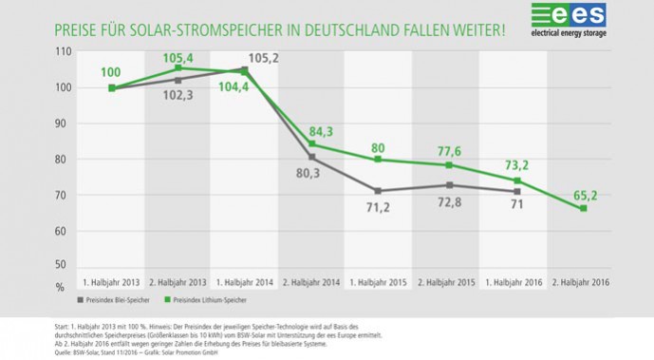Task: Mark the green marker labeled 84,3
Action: tap(310, 144)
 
